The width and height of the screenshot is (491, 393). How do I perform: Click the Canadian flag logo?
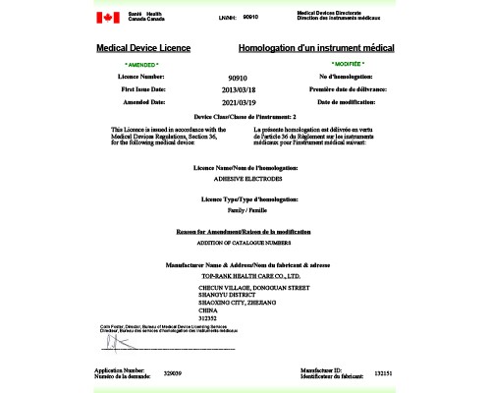tap(106, 18)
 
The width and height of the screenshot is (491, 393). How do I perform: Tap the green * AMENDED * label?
tap(142, 64)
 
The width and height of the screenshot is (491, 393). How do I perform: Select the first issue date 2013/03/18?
tap(237, 89)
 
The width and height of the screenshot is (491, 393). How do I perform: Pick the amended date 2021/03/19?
tap(237, 102)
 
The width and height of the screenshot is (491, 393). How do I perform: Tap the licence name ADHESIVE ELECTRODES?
tap(245, 179)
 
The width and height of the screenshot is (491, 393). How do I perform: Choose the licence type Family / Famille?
tap(245, 211)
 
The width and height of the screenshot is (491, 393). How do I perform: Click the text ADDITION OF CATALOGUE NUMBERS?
tap(245, 242)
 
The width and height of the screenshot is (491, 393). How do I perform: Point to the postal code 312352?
tap(208, 318)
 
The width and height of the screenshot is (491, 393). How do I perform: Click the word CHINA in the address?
tap(207, 310)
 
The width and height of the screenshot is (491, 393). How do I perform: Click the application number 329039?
tap(173, 373)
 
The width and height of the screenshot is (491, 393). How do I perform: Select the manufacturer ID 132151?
tap(384, 373)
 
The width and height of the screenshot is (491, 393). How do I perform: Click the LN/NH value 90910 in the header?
tap(249, 18)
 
